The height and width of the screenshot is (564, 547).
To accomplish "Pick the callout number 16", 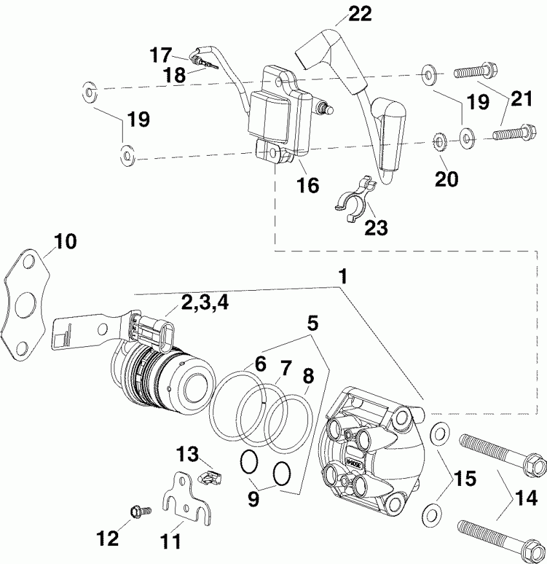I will click(308, 186).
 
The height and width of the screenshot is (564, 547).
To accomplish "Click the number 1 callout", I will click(344, 276).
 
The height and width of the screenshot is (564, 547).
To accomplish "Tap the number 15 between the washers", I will click(464, 479).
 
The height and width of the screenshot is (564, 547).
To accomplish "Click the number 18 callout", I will click(174, 74).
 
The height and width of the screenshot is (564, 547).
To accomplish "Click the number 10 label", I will click(65, 242).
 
